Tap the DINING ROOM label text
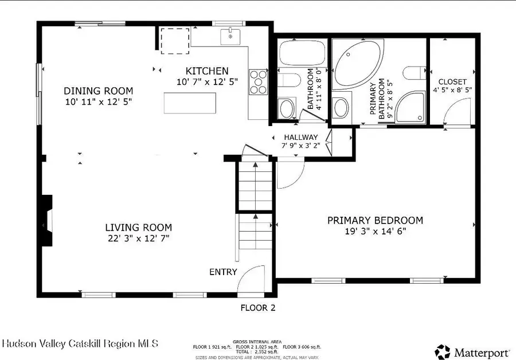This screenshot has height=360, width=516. [98, 91]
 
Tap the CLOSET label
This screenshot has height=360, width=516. [452, 82]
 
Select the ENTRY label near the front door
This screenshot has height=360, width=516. [223, 272]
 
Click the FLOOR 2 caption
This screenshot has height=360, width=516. [257, 308]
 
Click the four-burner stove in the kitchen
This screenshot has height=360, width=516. [258, 81]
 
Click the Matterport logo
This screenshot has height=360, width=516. [472, 350]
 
